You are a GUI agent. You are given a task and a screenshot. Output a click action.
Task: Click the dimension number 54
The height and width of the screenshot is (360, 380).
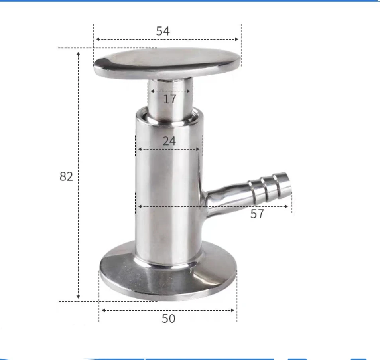click(163, 31)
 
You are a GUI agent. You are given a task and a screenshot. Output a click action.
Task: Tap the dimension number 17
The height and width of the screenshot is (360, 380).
click(169, 99)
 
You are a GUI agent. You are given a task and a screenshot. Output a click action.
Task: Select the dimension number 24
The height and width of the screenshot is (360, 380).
click(169, 141)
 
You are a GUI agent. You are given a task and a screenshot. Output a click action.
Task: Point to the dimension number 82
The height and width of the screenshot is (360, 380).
click(66, 176)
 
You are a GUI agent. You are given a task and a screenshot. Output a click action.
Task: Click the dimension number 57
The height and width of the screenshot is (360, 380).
click(257, 214)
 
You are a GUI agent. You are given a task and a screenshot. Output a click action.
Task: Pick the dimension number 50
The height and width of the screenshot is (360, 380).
click(168, 318)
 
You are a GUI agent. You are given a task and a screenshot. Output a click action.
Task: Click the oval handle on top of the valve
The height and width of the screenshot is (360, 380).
click(167, 63)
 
